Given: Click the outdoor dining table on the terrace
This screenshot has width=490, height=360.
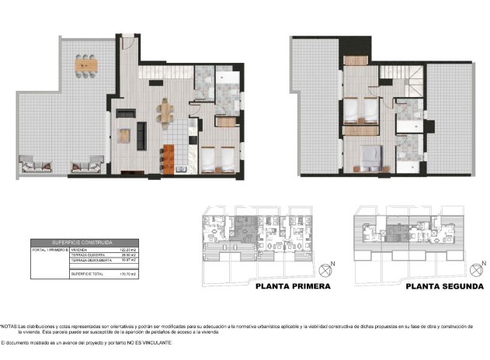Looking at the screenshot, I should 84,65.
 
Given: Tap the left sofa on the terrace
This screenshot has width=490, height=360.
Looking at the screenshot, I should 36,164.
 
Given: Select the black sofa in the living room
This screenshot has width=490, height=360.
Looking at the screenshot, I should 142,135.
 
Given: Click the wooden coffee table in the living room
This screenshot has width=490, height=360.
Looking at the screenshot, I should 123,135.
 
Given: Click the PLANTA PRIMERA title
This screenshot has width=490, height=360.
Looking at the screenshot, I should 293,286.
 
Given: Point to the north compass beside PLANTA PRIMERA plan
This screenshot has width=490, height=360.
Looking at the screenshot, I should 325,270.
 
